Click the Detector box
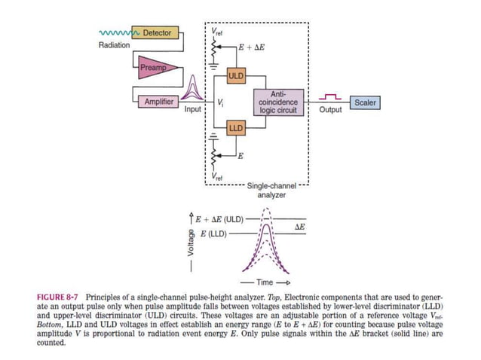click(x=156, y=33)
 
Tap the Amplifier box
click(x=158, y=101)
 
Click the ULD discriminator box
click(x=236, y=76)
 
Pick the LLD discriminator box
click(x=236, y=128)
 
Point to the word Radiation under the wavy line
click(x=114, y=45)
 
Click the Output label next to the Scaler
click(x=330, y=110)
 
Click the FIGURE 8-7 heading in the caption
click(x=59, y=297)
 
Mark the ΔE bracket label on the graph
click(x=299, y=227)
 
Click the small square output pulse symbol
click(x=330, y=96)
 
